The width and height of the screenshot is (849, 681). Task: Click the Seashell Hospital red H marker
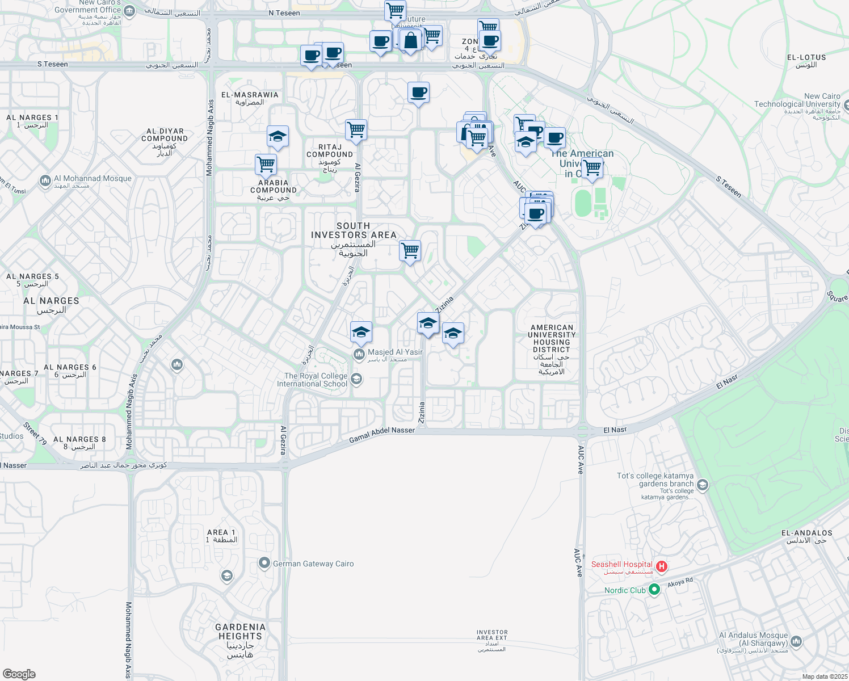tap(661, 566)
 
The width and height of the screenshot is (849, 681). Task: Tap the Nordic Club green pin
tap(654, 590)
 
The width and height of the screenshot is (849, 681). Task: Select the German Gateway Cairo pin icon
tap(264, 564)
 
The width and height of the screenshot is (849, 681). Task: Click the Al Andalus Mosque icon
tap(796, 642)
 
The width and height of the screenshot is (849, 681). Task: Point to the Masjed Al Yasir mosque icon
tap(359, 355)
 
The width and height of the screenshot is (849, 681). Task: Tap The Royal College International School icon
tap(356, 379)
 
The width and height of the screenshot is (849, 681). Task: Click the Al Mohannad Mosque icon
tap(45, 181)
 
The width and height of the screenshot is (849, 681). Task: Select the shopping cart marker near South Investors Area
tap(410, 250)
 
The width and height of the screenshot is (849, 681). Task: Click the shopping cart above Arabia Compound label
tap(266, 165)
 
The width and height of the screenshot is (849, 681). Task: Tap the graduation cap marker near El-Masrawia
tap(278, 137)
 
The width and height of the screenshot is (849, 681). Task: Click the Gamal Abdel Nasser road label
tap(382, 435)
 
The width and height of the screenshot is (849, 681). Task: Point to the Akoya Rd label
tap(680, 583)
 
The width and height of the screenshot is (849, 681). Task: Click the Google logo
tap(19, 674)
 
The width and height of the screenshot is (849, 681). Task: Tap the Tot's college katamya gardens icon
tap(703, 485)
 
